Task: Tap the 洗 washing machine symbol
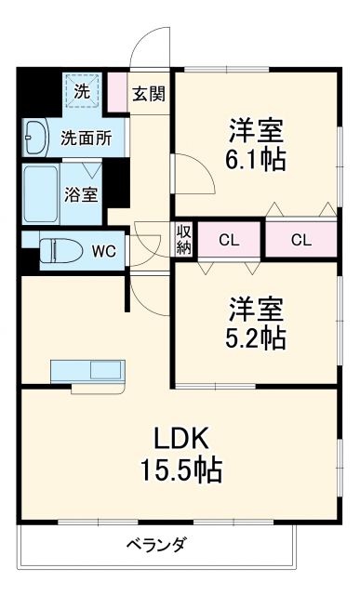pos(82,91)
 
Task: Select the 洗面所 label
pos(86,139)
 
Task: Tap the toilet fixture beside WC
pos(60,249)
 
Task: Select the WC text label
pos(104,249)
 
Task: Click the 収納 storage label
pos(183,240)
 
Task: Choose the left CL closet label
pos(229,240)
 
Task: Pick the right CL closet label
pos(300,240)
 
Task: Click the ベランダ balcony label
pos(155,545)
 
